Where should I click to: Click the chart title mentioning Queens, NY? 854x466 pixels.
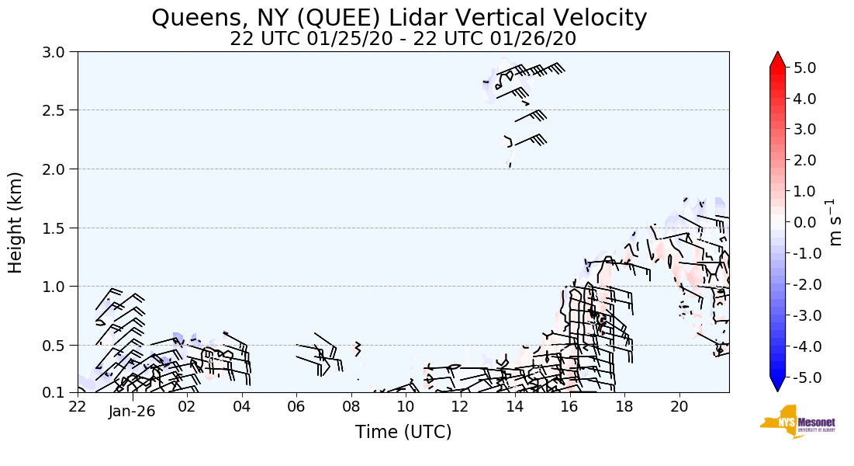399,18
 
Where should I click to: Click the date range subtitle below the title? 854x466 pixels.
403,39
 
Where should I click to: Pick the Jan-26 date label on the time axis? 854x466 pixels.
132,412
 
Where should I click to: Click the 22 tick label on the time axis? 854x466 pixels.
78,406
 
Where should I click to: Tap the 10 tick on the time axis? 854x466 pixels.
406,406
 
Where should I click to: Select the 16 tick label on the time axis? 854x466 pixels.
569,406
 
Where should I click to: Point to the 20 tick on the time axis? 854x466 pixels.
679,406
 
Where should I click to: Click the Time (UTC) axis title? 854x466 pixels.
403,432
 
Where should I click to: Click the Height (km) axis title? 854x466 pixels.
16,222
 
